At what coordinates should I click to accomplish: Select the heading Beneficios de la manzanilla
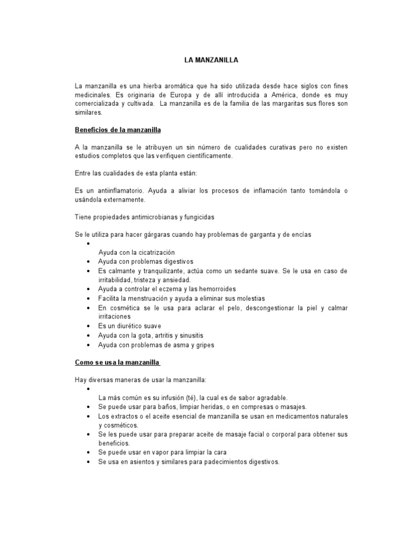point(118,129)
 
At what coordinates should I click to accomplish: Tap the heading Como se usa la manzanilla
point(118,363)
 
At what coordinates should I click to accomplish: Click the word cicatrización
point(153,252)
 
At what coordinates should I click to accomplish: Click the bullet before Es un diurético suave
point(87,326)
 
